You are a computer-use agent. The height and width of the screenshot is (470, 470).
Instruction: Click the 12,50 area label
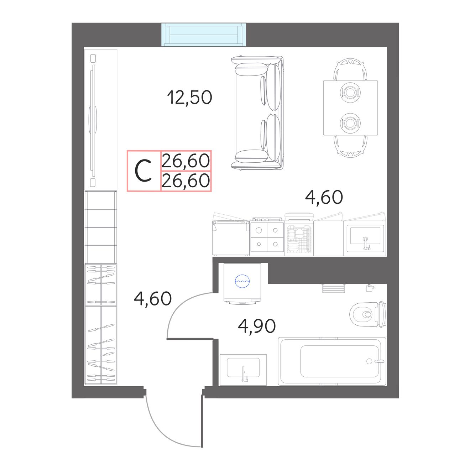tap(189, 97)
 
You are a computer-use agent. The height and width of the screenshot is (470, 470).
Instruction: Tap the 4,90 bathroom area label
tap(257, 326)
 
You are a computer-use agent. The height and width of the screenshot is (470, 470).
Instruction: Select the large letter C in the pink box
tap(143, 171)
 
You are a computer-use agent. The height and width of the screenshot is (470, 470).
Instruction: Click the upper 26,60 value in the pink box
tap(186, 161)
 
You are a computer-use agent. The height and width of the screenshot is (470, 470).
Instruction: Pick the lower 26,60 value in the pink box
tap(186, 181)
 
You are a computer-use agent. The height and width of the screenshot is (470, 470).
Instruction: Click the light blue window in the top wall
tap(203, 35)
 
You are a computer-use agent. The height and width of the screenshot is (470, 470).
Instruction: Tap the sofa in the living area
tap(257, 112)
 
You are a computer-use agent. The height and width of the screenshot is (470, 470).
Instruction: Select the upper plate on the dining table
tap(350, 93)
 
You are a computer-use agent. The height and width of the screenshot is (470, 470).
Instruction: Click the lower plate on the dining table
tap(350, 123)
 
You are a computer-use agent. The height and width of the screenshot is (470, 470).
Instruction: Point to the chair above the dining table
tap(350, 69)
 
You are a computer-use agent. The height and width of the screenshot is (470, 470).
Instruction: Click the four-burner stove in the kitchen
tap(267, 236)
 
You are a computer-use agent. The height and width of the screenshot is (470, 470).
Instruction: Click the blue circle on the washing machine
tap(242, 281)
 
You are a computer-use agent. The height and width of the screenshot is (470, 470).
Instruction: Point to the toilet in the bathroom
tap(368, 314)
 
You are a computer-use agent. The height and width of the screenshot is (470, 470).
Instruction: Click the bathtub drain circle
tap(369, 361)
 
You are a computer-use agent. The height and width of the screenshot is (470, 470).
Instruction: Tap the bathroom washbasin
tap(243, 370)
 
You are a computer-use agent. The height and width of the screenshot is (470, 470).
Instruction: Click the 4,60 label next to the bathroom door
tap(153, 299)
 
